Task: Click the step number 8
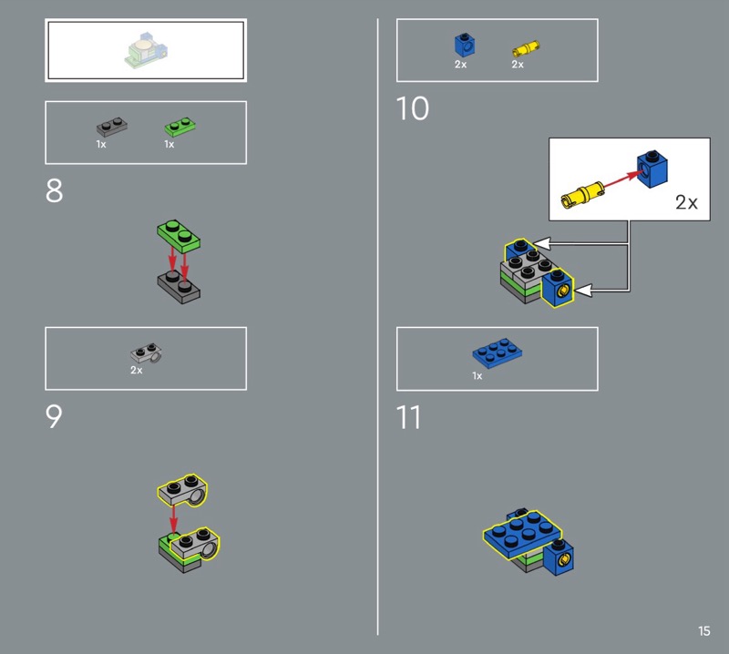pyautogui.click(x=55, y=190)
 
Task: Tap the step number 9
pyautogui.click(x=54, y=416)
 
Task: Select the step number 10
pyautogui.click(x=413, y=108)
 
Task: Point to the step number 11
pyautogui.click(x=408, y=417)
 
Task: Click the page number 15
pyautogui.click(x=703, y=630)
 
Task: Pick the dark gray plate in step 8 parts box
pyautogui.click(x=111, y=127)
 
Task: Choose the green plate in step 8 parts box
pyautogui.click(x=180, y=127)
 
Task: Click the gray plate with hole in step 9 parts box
pyautogui.click(x=147, y=353)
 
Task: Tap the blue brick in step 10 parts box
pyautogui.click(x=465, y=45)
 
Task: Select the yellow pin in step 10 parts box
pyautogui.click(x=526, y=49)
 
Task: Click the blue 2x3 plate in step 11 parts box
pyautogui.click(x=497, y=353)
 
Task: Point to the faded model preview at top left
pyautogui.click(x=146, y=50)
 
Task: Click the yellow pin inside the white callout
pyautogui.click(x=583, y=195)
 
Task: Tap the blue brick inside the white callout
pyautogui.click(x=652, y=169)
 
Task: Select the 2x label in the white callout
pyautogui.click(x=687, y=202)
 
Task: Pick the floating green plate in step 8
pyautogui.click(x=179, y=236)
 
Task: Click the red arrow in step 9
pyautogui.click(x=173, y=520)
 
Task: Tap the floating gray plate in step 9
pyautogui.click(x=183, y=490)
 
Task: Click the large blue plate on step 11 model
pyautogui.click(x=522, y=534)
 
